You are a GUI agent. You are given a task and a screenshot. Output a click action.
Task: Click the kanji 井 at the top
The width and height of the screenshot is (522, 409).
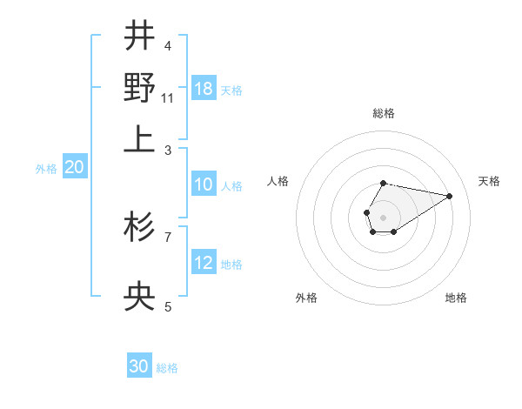tap(139, 37)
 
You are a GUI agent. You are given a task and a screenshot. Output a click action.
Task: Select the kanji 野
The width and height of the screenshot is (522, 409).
tap(139, 88)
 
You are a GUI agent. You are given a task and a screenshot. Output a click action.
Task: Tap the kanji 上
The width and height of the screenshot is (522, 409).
tap(139, 139)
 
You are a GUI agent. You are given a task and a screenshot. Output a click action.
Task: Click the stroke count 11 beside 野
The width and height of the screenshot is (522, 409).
tap(168, 97)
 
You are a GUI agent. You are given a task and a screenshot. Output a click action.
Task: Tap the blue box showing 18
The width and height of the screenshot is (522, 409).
tap(204, 89)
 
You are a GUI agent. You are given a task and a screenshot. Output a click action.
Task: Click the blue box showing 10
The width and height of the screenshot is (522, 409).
tap(204, 184)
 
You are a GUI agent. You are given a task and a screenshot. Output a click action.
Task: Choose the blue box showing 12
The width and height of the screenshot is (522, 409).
tap(204, 263)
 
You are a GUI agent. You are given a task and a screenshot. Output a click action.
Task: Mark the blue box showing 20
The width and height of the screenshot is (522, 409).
tap(74, 168)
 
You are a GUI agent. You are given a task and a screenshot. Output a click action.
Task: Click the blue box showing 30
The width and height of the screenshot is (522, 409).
tap(139, 366)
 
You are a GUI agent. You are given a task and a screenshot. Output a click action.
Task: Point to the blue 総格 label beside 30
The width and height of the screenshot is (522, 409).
tap(167, 368)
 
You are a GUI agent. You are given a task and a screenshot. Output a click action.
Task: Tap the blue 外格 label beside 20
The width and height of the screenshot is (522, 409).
tap(46, 169)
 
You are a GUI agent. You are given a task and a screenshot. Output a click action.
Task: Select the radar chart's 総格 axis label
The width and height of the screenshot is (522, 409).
tap(383, 113)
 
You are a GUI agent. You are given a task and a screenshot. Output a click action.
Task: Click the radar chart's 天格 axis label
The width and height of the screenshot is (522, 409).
tap(489, 181)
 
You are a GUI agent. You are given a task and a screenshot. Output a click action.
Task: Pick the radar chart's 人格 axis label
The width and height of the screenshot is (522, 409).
tap(278, 181)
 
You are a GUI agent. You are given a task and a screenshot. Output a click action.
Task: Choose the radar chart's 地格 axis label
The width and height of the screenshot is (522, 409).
tap(456, 298)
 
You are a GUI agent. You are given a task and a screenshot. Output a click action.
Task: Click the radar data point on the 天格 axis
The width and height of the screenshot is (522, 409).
tap(449, 195)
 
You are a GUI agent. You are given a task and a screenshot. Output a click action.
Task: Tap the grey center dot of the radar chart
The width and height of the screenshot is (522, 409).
tap(383, 216)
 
